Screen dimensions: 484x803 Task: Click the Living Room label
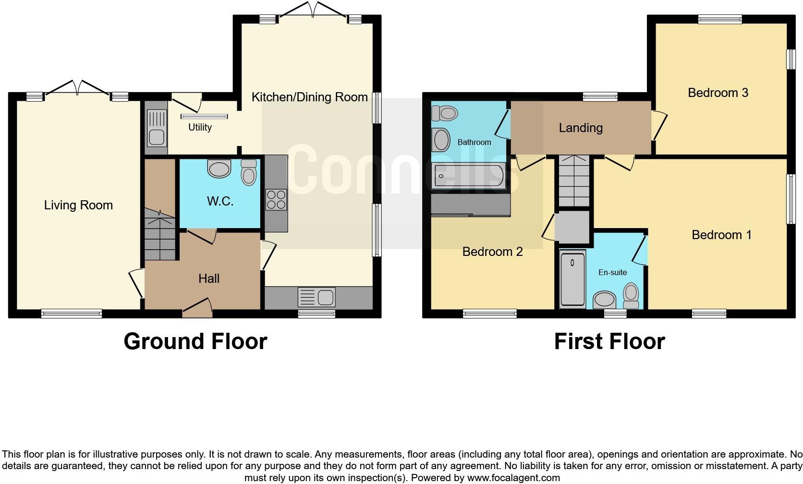click(78, 206)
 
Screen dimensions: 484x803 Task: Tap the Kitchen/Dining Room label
click(309, 97)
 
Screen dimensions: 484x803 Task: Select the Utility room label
click(200, 127)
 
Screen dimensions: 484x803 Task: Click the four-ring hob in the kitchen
click(276, 200)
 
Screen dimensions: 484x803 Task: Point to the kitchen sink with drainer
click(316, 297)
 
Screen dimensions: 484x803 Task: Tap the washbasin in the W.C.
click(219, 169)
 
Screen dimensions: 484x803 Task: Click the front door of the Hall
click(197, 309)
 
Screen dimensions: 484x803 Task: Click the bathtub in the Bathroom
click(468, 176)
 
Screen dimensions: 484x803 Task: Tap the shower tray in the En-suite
click(572, 279)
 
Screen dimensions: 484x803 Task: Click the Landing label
click(581, 128)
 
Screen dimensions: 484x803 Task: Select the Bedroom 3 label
click(718, 93)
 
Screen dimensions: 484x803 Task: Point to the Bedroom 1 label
click(721, 235)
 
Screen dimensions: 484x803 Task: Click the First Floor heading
click(609, 341)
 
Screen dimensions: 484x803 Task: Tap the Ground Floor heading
click(195, 341)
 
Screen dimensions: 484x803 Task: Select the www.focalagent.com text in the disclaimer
click(513, 478)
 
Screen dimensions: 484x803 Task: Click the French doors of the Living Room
click(77, 89)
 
